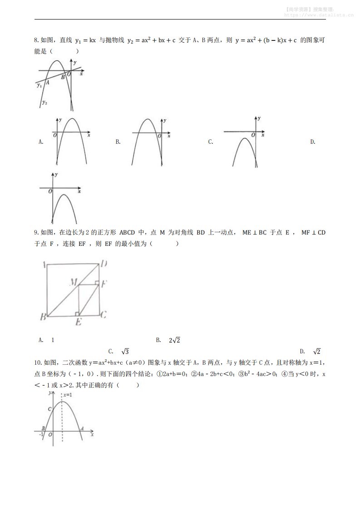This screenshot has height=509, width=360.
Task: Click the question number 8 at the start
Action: tap(36, 40)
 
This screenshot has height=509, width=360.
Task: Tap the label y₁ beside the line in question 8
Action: tap(39, 85)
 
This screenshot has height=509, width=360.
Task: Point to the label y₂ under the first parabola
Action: tap(44, 103)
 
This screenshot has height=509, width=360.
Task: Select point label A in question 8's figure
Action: tap(47, 82)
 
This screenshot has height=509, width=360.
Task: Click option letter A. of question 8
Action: tap(41, 142)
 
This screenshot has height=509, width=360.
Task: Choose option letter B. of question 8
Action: tap(118, 142)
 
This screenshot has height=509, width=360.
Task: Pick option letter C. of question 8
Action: tap(211, 142)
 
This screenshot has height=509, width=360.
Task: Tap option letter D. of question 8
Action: tap(312, 142)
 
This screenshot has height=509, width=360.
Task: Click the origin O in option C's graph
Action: tap(253, 136)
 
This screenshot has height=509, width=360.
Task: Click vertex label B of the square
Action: tap(43, 317)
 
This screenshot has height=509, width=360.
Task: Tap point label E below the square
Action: tap(78, 323)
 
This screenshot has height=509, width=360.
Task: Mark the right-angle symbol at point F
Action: tap(97, 284)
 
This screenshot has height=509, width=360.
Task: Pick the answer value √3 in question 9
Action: tap(125, 352)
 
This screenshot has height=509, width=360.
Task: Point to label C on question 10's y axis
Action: tap(50, 409)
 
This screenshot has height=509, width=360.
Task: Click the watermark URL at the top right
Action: tap(319, 15)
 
